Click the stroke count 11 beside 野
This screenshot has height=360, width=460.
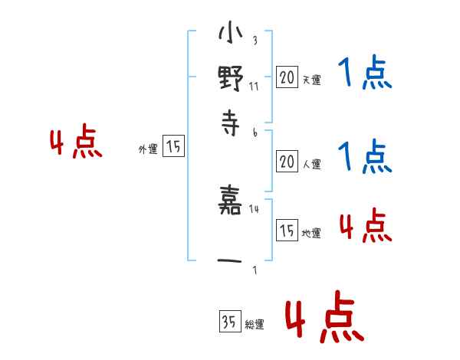254,86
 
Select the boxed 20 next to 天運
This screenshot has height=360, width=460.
287,77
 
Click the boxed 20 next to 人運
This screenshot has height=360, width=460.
287,162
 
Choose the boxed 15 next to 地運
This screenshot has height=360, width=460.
287,231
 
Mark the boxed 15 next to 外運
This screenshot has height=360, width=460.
173,148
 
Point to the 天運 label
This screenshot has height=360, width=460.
311,79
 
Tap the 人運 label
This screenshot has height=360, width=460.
311,164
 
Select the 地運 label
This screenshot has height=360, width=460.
311,233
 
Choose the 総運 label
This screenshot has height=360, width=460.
255,325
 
